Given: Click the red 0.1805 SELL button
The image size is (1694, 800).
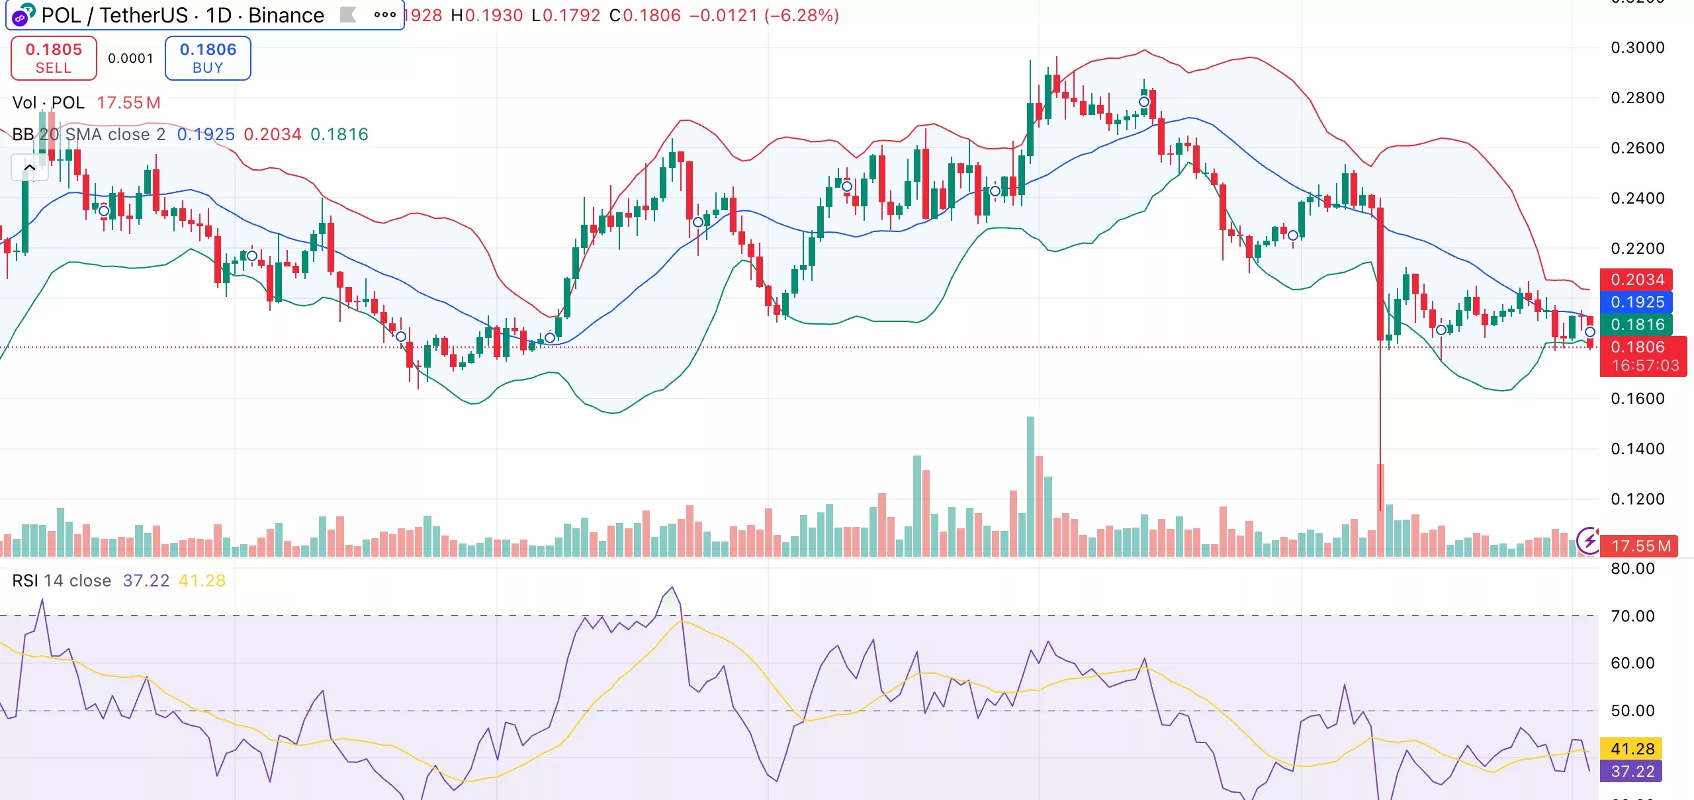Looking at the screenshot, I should [54, 58].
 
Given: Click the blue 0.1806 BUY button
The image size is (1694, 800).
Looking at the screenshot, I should [208, 58].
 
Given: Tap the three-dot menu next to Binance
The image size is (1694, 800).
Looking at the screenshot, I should [384, 15].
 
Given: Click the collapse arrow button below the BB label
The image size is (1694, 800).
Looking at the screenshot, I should [30, 168].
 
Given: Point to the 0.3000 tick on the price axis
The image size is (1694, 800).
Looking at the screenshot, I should [1637, 48].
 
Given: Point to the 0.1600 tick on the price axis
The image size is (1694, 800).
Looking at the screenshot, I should [1637, 399].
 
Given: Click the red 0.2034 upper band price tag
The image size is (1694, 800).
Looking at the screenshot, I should [1636, 279].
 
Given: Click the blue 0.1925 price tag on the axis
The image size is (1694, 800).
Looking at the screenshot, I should [1636, 302].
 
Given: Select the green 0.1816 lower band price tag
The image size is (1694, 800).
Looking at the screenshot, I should [1636, 325].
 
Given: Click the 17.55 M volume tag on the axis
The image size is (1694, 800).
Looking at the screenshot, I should [1640, 546].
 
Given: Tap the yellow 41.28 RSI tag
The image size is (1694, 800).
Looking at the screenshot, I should [1632, 749].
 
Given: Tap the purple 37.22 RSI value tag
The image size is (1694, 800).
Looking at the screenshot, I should [1632, 772].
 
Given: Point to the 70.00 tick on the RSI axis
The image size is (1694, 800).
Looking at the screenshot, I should [1632, 616].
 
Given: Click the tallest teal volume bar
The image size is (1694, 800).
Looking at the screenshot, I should [1030, 486].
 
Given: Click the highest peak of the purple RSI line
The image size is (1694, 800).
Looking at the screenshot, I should [672, 587].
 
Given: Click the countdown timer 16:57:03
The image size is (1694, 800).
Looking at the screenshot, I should [1644, 366].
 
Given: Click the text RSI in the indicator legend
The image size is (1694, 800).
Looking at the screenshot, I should [25, 580].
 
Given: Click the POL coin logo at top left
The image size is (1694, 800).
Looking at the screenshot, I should [22, 15].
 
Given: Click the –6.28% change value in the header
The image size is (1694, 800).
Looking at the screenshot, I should [801, 15].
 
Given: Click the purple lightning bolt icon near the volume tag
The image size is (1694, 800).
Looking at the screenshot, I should [1587, 540].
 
